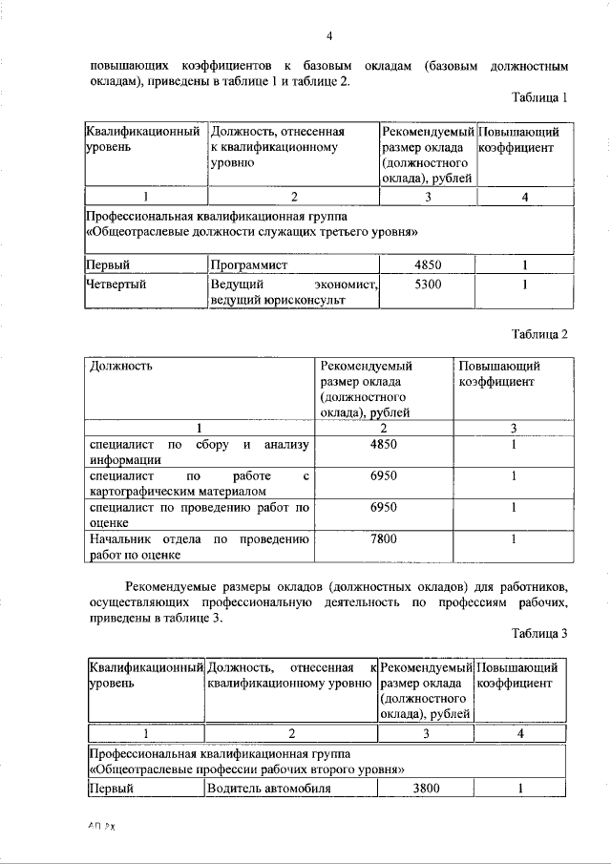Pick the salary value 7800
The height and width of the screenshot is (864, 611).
[383, 538]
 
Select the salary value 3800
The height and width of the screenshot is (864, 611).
[426, 789]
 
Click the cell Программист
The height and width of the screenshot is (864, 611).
[249, 264]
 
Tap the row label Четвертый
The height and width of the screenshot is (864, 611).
[120, 284]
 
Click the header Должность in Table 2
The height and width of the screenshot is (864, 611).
[120, 366]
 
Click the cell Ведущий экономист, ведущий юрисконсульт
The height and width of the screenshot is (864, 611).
[294, 292]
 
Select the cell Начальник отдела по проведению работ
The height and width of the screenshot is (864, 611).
[199, 546]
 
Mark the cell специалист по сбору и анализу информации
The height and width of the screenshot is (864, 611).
[199, 451]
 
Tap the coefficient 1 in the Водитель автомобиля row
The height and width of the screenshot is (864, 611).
[521, 789]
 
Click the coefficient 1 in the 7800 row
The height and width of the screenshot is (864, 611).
[514, 538]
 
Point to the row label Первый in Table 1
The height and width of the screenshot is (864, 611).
[108, 264]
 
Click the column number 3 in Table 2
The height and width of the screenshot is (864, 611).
[514, 427]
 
